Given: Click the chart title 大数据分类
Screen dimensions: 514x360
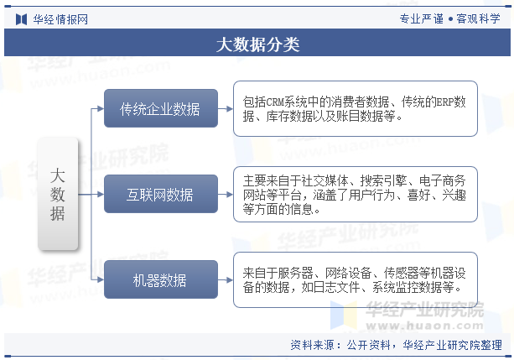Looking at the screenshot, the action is (257, 44).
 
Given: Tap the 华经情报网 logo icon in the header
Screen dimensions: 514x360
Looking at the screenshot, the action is (21, 19).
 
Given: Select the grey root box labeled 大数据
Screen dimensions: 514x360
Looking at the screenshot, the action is (58, 194).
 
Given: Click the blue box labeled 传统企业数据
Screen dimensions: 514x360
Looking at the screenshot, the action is (161, 108).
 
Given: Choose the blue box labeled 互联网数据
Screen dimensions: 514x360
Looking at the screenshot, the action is (161, 194).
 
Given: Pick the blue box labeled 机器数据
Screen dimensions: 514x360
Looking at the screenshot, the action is (161, 279).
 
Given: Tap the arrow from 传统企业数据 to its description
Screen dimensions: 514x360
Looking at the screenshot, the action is (226, 108).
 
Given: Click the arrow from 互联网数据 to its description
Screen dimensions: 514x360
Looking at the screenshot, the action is (226, 195).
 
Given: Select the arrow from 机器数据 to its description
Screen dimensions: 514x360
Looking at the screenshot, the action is (226, 280).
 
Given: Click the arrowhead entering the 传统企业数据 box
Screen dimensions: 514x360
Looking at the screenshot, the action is (101, 108).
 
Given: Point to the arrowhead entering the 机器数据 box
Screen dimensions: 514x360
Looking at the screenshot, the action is (101, 279).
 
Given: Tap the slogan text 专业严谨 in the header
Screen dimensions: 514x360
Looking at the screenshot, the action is (421, 19).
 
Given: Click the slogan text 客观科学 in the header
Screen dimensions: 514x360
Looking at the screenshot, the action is (478, 19).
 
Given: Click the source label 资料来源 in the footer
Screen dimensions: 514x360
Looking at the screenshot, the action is (313, 345).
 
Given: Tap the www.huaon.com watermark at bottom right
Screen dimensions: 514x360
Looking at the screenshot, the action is (425, 326).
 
